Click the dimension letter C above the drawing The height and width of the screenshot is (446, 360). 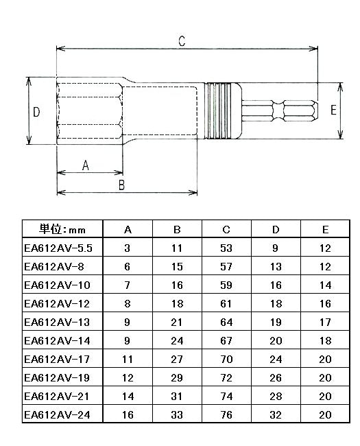(181, 40)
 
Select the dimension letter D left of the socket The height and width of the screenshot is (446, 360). (37, 111)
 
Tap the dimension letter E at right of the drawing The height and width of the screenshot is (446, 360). (334, 111)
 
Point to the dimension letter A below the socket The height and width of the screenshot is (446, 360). (86, 165)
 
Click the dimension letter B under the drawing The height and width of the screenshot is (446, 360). (121, 185)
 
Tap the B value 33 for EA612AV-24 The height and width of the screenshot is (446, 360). (176, 414)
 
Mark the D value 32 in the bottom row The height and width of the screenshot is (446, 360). (276, 414)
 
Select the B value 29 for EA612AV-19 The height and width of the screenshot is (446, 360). (176, 377)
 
